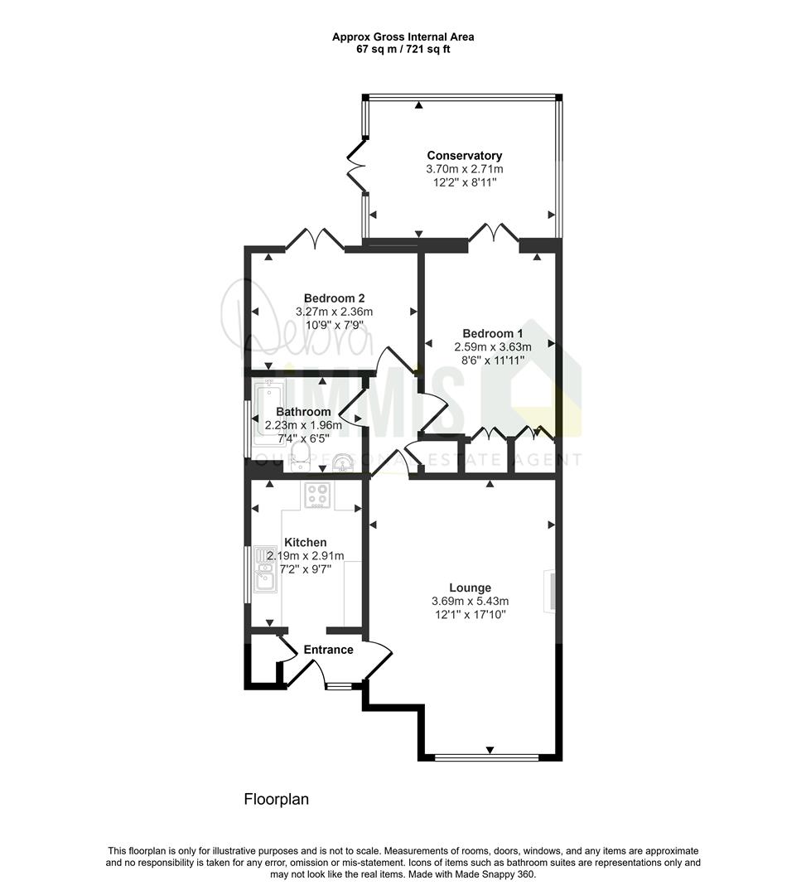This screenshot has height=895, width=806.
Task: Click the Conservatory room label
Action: [x=465, y=155]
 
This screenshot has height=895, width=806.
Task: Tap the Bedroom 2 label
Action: [x=334, y=298]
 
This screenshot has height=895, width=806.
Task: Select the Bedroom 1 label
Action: [x=492, y=333]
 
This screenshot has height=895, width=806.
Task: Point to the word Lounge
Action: [x=470, y=588]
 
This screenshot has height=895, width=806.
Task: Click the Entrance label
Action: [x=328, y=650]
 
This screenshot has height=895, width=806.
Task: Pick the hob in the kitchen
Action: [x=317, y=495]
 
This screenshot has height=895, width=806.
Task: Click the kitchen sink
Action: [x=265, y=569]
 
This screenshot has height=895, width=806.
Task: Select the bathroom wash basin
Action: [x=342, y=462]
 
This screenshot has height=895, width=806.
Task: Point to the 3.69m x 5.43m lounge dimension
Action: [x=470, y=601]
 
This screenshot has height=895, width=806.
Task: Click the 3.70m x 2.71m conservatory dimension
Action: [x=465, y=169]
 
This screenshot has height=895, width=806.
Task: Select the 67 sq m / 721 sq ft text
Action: [x=403, y=49]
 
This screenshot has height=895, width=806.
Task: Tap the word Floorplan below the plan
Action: [x=276, y=799]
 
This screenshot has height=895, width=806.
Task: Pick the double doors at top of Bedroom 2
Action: [x=315, y=239]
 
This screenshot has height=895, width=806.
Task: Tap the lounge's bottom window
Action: [x=486, y=758]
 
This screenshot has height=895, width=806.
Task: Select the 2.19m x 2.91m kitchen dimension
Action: [x=305, y=556]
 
